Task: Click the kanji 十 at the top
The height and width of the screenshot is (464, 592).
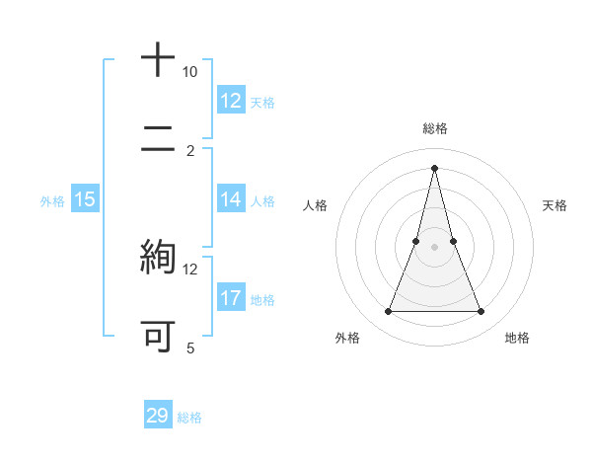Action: [x=158, y=60]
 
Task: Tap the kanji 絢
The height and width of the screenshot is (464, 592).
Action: [x=158, y=257]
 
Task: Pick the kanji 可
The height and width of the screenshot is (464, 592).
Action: [x=158, y=336]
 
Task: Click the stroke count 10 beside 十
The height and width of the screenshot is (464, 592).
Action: [x=190, y=72]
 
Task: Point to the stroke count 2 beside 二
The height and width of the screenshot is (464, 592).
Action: [x=190, y=150]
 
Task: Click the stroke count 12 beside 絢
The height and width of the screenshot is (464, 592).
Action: [x=190, y=269]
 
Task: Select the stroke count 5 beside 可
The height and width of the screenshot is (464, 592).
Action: [x=190, y=348]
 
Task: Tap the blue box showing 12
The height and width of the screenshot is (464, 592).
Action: [x=231, y=101]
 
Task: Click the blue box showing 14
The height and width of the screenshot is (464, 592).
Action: [x=231, y=199]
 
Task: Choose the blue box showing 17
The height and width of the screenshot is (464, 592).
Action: [x=231, y=298]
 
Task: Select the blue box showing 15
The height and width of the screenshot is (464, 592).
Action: [x=84, y=199]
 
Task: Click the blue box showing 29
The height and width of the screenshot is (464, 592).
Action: [x=158, y=416]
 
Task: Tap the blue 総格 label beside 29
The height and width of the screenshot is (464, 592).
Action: [x=189, y=418]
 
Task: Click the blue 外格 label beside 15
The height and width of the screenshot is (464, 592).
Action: [x=52, y=201]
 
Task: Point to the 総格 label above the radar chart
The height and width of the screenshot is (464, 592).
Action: [x=434, y=128]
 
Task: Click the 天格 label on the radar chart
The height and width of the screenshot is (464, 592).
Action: [x=555, y=205]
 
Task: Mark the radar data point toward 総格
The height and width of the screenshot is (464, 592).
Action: [x=434, y=168]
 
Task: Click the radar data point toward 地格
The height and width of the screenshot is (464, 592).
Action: [x=481, y=312]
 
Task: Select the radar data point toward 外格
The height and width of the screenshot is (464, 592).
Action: [x=389, y=312]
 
